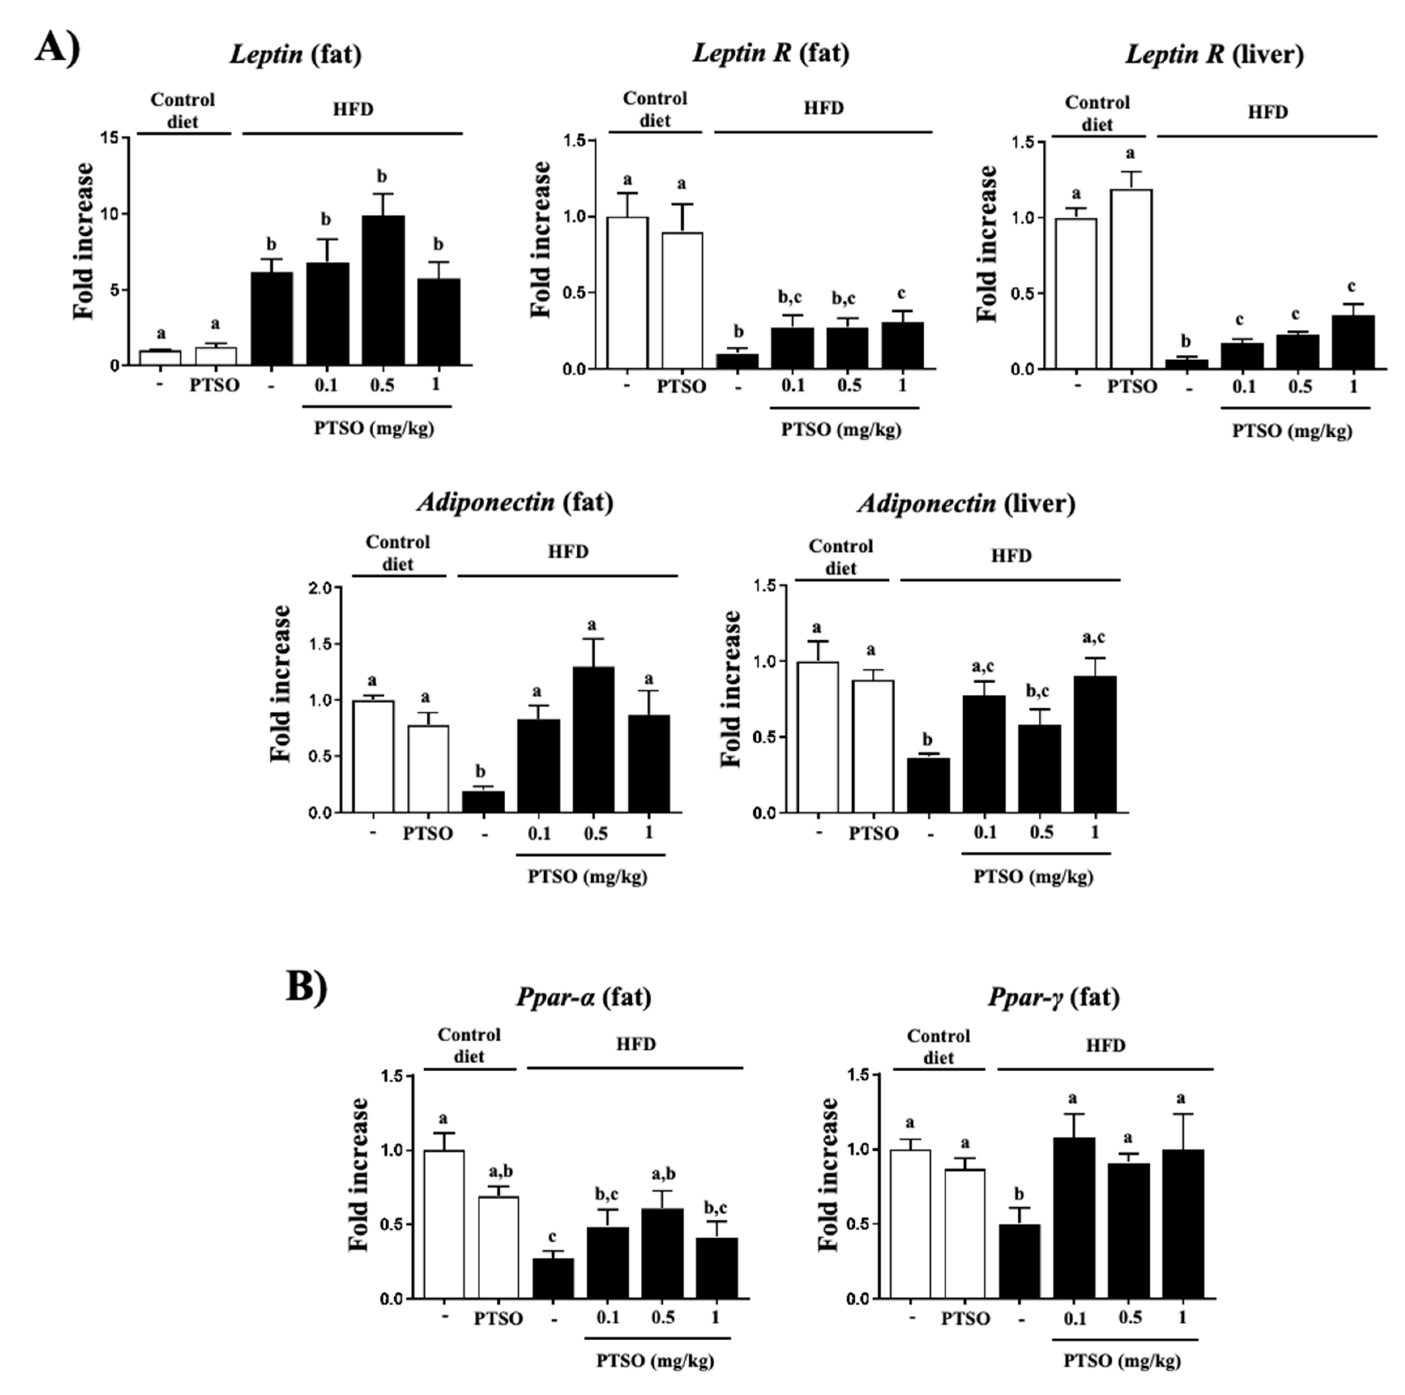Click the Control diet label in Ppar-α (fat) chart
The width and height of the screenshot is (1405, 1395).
[469, 1045]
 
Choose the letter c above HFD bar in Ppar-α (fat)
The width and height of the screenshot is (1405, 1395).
[553, 1237]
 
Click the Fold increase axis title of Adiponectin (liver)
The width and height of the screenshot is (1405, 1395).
[731, 689]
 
